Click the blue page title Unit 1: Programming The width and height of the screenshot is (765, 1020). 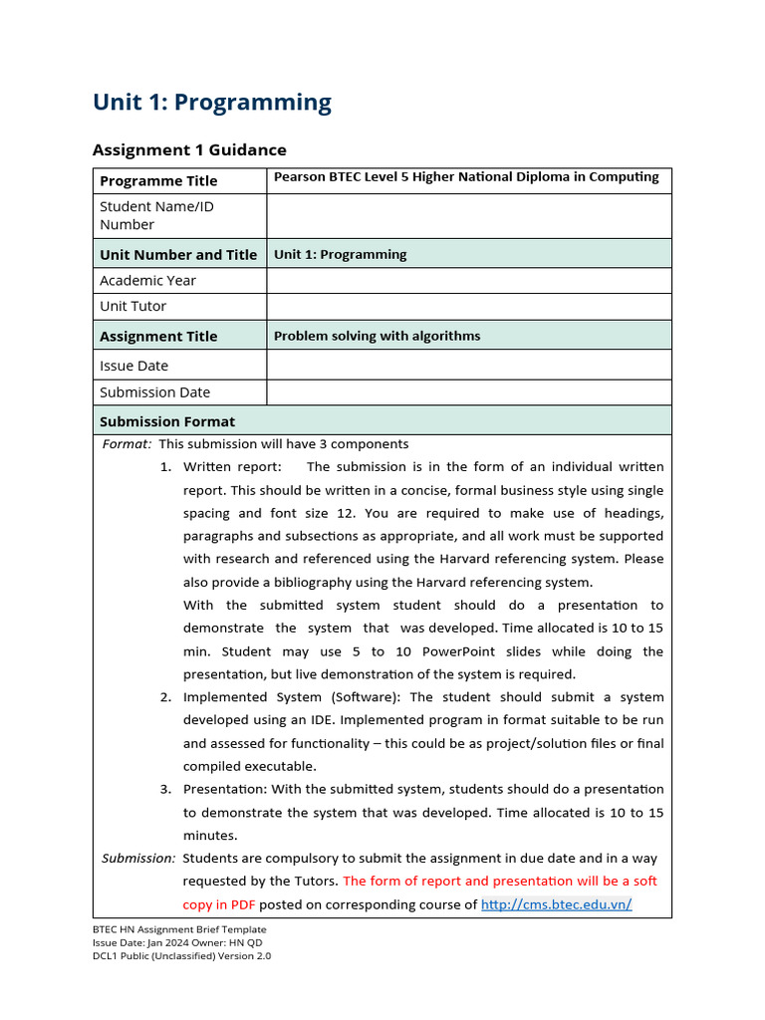point(211,103)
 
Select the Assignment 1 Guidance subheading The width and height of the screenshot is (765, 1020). point(189,150)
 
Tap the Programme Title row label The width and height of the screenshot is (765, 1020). point(158,181)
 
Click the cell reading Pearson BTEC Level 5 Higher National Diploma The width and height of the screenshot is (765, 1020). point(466,177)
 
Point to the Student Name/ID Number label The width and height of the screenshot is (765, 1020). point(156,215)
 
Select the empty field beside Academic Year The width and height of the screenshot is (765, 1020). point(468,281)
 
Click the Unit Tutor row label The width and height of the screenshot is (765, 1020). point(133,307)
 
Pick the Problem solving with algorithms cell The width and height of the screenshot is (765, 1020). point(377,336)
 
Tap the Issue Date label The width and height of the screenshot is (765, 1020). point(134,366)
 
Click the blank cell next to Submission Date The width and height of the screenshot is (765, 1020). point(468,392)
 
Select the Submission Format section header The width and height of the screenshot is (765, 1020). point(167,421)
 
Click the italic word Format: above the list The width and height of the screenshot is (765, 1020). point(127,444)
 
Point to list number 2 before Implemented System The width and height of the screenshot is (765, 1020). point(165,697)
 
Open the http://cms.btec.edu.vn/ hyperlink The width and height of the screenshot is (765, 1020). point(556,904)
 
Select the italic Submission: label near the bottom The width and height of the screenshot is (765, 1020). point(138,858)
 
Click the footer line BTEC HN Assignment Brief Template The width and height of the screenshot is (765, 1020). point(179,929)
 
